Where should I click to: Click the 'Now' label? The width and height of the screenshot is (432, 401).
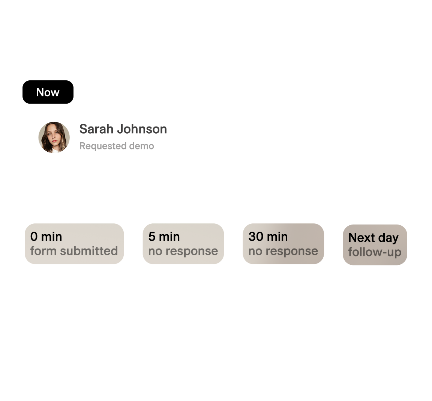[x=48, y=92]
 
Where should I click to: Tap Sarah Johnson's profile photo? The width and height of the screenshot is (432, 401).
[x=54, y=137]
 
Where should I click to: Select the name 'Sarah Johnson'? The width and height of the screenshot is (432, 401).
[x=123, y=129]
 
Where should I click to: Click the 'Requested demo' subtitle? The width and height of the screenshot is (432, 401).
[x=117, y=146]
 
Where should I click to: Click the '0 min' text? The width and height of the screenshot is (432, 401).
[x=46, y=237]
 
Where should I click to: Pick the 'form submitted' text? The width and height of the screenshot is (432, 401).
[x=74, y=251]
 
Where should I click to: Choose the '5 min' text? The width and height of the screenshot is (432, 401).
[x=164, y=237]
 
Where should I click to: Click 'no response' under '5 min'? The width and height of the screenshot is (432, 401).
[x=183, y=251]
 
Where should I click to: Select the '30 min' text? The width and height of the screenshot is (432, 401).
[x=268, y=237]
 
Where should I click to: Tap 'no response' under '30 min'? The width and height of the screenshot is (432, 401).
[x=283, y=251]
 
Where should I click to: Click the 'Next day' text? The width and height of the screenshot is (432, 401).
[x=373, y=238]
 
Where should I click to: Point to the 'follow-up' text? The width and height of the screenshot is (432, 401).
[x=375, y=252]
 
